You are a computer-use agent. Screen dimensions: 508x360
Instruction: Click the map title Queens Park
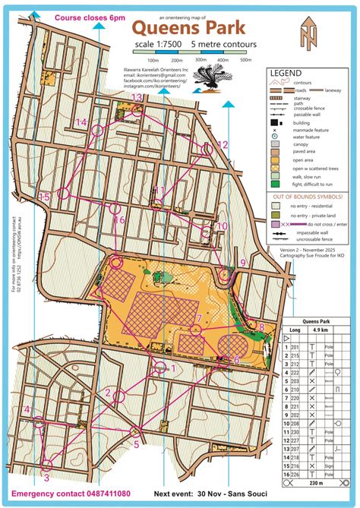coord(189,28)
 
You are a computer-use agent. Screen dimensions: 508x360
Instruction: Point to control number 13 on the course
coord(137,97)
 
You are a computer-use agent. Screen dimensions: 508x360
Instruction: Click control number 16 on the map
coord(119,220)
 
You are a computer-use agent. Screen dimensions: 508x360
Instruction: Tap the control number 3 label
coord(46,478)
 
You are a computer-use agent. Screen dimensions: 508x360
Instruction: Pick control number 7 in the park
coord(198,318)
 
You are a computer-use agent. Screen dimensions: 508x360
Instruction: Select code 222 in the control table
coord(295,373)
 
